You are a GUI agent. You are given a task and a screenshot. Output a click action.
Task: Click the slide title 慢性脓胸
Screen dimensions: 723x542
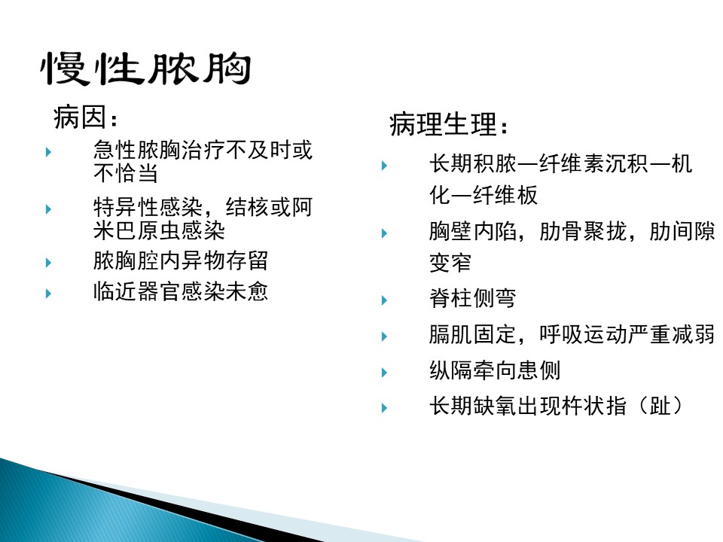click(145, 69)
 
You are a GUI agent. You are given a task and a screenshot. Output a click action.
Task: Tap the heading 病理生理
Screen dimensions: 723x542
click(443, 124)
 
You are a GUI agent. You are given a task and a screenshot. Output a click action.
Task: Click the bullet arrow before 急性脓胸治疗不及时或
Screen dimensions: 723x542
click(48, 151)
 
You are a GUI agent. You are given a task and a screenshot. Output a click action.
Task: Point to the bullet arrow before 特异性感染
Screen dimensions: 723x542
click(48, 209)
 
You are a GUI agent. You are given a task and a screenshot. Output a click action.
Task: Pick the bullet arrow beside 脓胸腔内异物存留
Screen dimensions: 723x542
click(48, 263)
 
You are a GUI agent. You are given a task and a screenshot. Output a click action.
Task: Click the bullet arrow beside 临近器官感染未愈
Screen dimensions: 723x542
click(48, 293)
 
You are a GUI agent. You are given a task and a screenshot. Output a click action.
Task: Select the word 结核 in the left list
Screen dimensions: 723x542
click(247, 207)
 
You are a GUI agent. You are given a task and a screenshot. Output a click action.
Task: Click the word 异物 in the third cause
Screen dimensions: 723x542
click(203, 261)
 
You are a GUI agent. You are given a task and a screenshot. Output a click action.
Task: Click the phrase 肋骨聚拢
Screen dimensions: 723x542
click(583, 231)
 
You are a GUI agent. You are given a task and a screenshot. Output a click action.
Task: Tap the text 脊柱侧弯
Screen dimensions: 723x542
click(473, 298)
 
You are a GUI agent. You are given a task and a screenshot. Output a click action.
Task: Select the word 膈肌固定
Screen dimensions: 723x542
click(473, 334)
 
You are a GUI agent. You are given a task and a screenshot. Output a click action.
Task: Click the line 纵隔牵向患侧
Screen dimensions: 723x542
click(495, 370)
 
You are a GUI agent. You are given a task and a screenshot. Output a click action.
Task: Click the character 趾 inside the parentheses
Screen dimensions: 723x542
click(660, 406)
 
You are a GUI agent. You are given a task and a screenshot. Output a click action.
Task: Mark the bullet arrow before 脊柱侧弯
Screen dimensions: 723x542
click(384, 300)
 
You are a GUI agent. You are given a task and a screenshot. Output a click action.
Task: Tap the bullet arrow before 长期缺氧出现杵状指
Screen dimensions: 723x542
click(384, 408)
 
